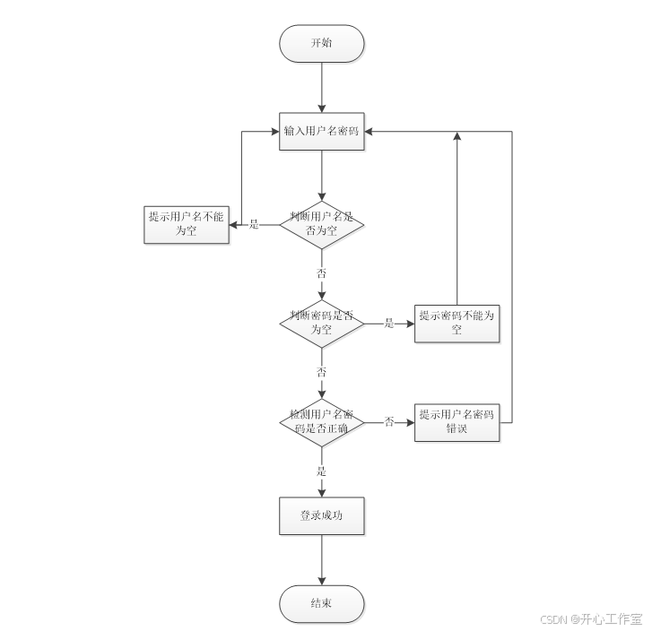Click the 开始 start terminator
click(321, 43)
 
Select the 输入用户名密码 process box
click(321, 131)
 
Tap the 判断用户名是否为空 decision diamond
click(321, 224)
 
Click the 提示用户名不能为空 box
click(186, 224)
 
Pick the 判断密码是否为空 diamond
click(321, 324)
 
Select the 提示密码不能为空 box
click(457, 324)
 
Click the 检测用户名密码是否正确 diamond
click(321, 422)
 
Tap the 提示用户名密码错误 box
click(457, 422)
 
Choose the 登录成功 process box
click(321, 516)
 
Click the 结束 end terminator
click(321, 603)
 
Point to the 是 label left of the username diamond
click(254, 224)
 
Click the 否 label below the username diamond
click(321, 272)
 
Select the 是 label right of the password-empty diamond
click(389, 324)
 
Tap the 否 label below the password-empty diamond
click(321, 371)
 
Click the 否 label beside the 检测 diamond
click(389, 422)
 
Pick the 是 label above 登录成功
click(321, 471)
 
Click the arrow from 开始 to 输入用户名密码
click(321, 87)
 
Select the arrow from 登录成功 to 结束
click(321, 560)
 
